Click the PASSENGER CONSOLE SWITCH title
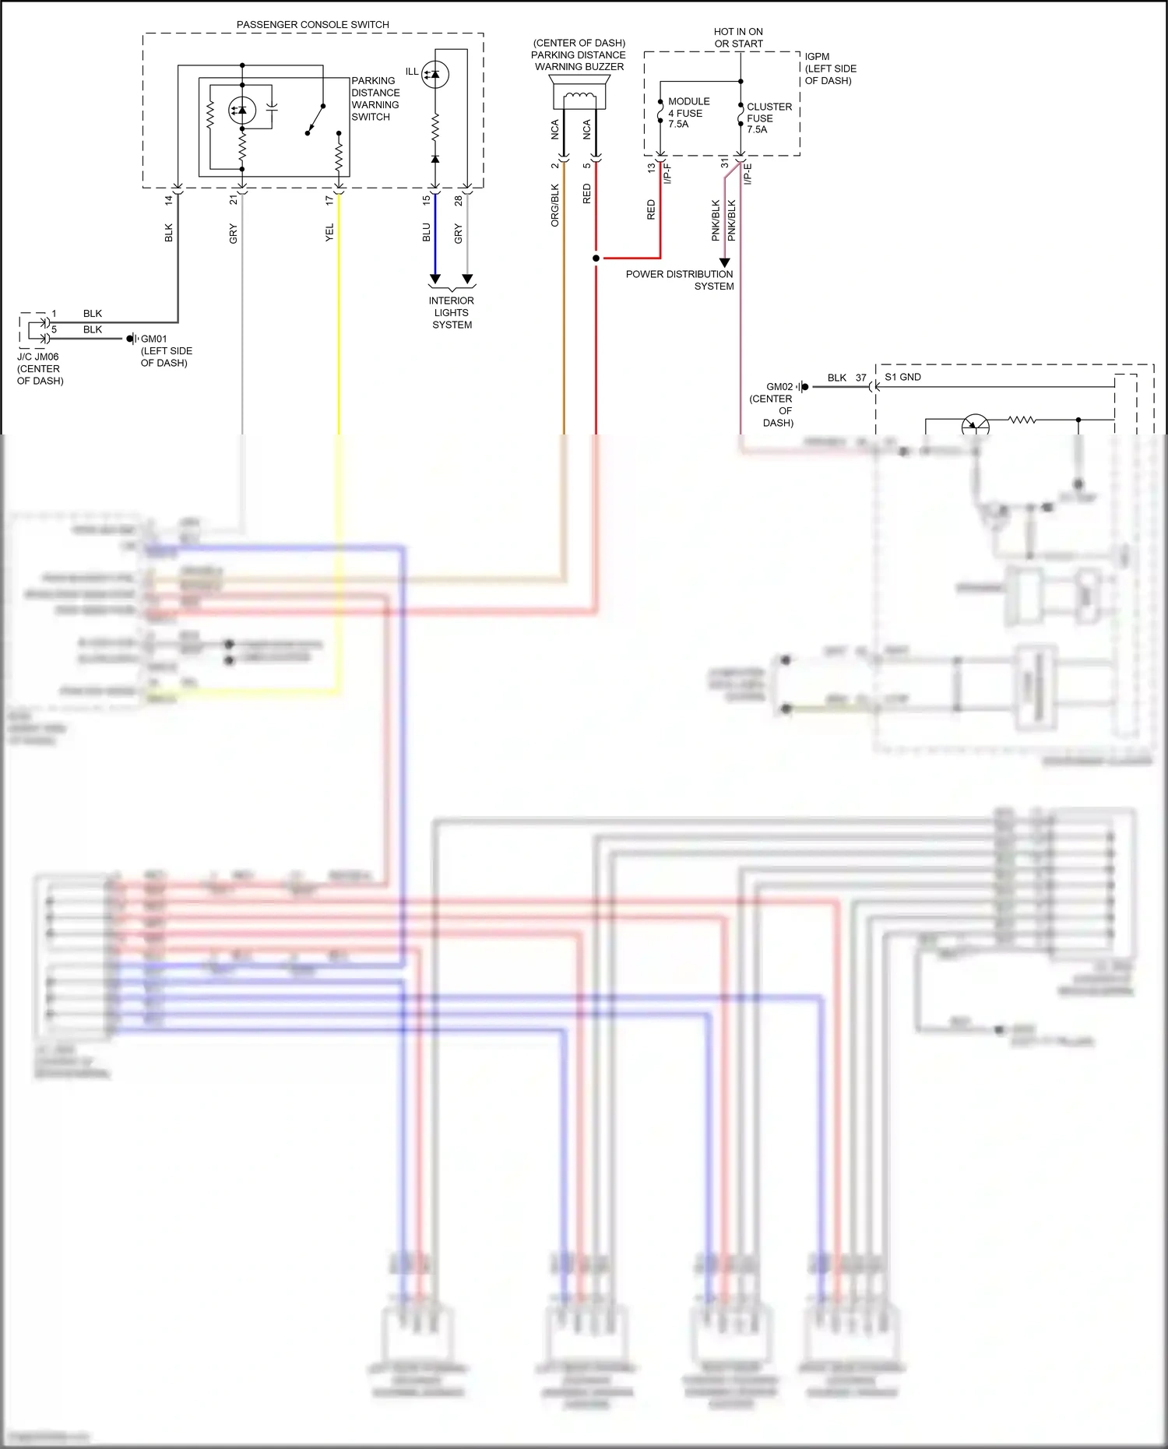tap(312, 25)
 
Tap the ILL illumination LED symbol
tap(434, 74)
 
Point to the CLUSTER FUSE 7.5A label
tap(769, 118)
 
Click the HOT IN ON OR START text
tap(738, 37)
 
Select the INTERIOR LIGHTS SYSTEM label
tap(452, 312)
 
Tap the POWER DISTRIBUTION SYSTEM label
tap(680, 280)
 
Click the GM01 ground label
tap(153, 339)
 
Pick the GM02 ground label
tap(779, 386)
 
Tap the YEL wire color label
tap(329, 232)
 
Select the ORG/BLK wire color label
tap(555, 205)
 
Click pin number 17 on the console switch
tap(329, 200)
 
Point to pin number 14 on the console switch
tap(169, 200)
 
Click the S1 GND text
tap(902, 377)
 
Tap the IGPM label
tap(817, 57)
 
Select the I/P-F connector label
tap(667, 173)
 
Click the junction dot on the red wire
tap(596, 258)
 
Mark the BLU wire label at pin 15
tap(426, 232)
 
